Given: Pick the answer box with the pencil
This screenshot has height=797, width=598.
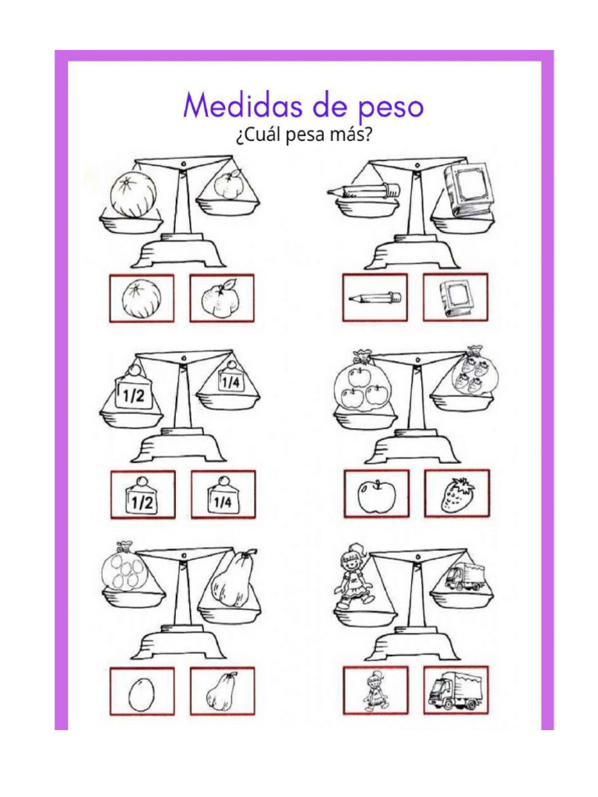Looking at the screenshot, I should click(375, 297).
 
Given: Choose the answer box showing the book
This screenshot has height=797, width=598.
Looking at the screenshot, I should click(456, 297).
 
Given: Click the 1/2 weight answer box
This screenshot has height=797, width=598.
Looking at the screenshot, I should click(142, 495).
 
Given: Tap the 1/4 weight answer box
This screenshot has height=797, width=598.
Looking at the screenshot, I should click(223, 495).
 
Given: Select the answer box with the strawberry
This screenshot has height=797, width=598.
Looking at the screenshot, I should click(457, 494).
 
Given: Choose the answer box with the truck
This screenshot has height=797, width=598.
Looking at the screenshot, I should click(456, 690).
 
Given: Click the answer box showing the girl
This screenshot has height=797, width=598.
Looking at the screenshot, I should click(375, 690).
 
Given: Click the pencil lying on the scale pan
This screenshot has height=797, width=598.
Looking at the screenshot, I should click(363, 189).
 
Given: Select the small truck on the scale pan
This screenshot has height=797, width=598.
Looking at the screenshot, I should click(464, 578).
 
